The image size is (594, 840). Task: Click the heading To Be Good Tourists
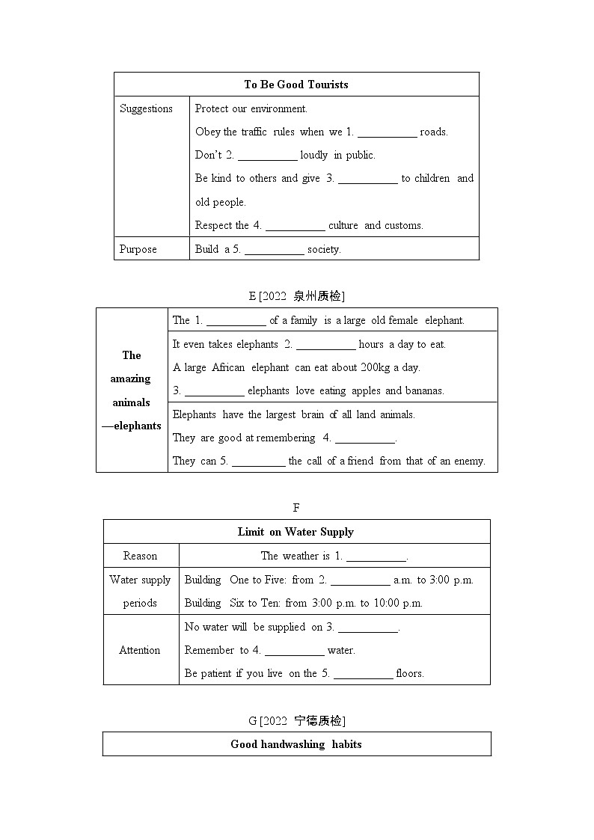296,85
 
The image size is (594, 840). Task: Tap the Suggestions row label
146,108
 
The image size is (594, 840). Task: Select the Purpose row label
138,249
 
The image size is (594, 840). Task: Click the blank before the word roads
387,132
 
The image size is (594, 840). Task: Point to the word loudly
314,156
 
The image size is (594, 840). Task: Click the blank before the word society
274,250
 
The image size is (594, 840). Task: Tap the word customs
404,225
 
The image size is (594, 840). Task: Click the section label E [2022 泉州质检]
296,295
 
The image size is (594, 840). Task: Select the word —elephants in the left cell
132,426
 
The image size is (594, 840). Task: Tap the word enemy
469,461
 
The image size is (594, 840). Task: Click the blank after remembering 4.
364,438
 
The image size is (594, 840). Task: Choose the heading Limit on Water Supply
296,532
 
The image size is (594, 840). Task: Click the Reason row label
141,556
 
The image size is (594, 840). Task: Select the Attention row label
140,650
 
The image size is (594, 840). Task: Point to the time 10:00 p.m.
398,603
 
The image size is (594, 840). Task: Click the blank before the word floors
363,674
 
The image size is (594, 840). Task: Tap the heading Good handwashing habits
296,744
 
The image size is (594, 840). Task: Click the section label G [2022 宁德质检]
296,720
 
